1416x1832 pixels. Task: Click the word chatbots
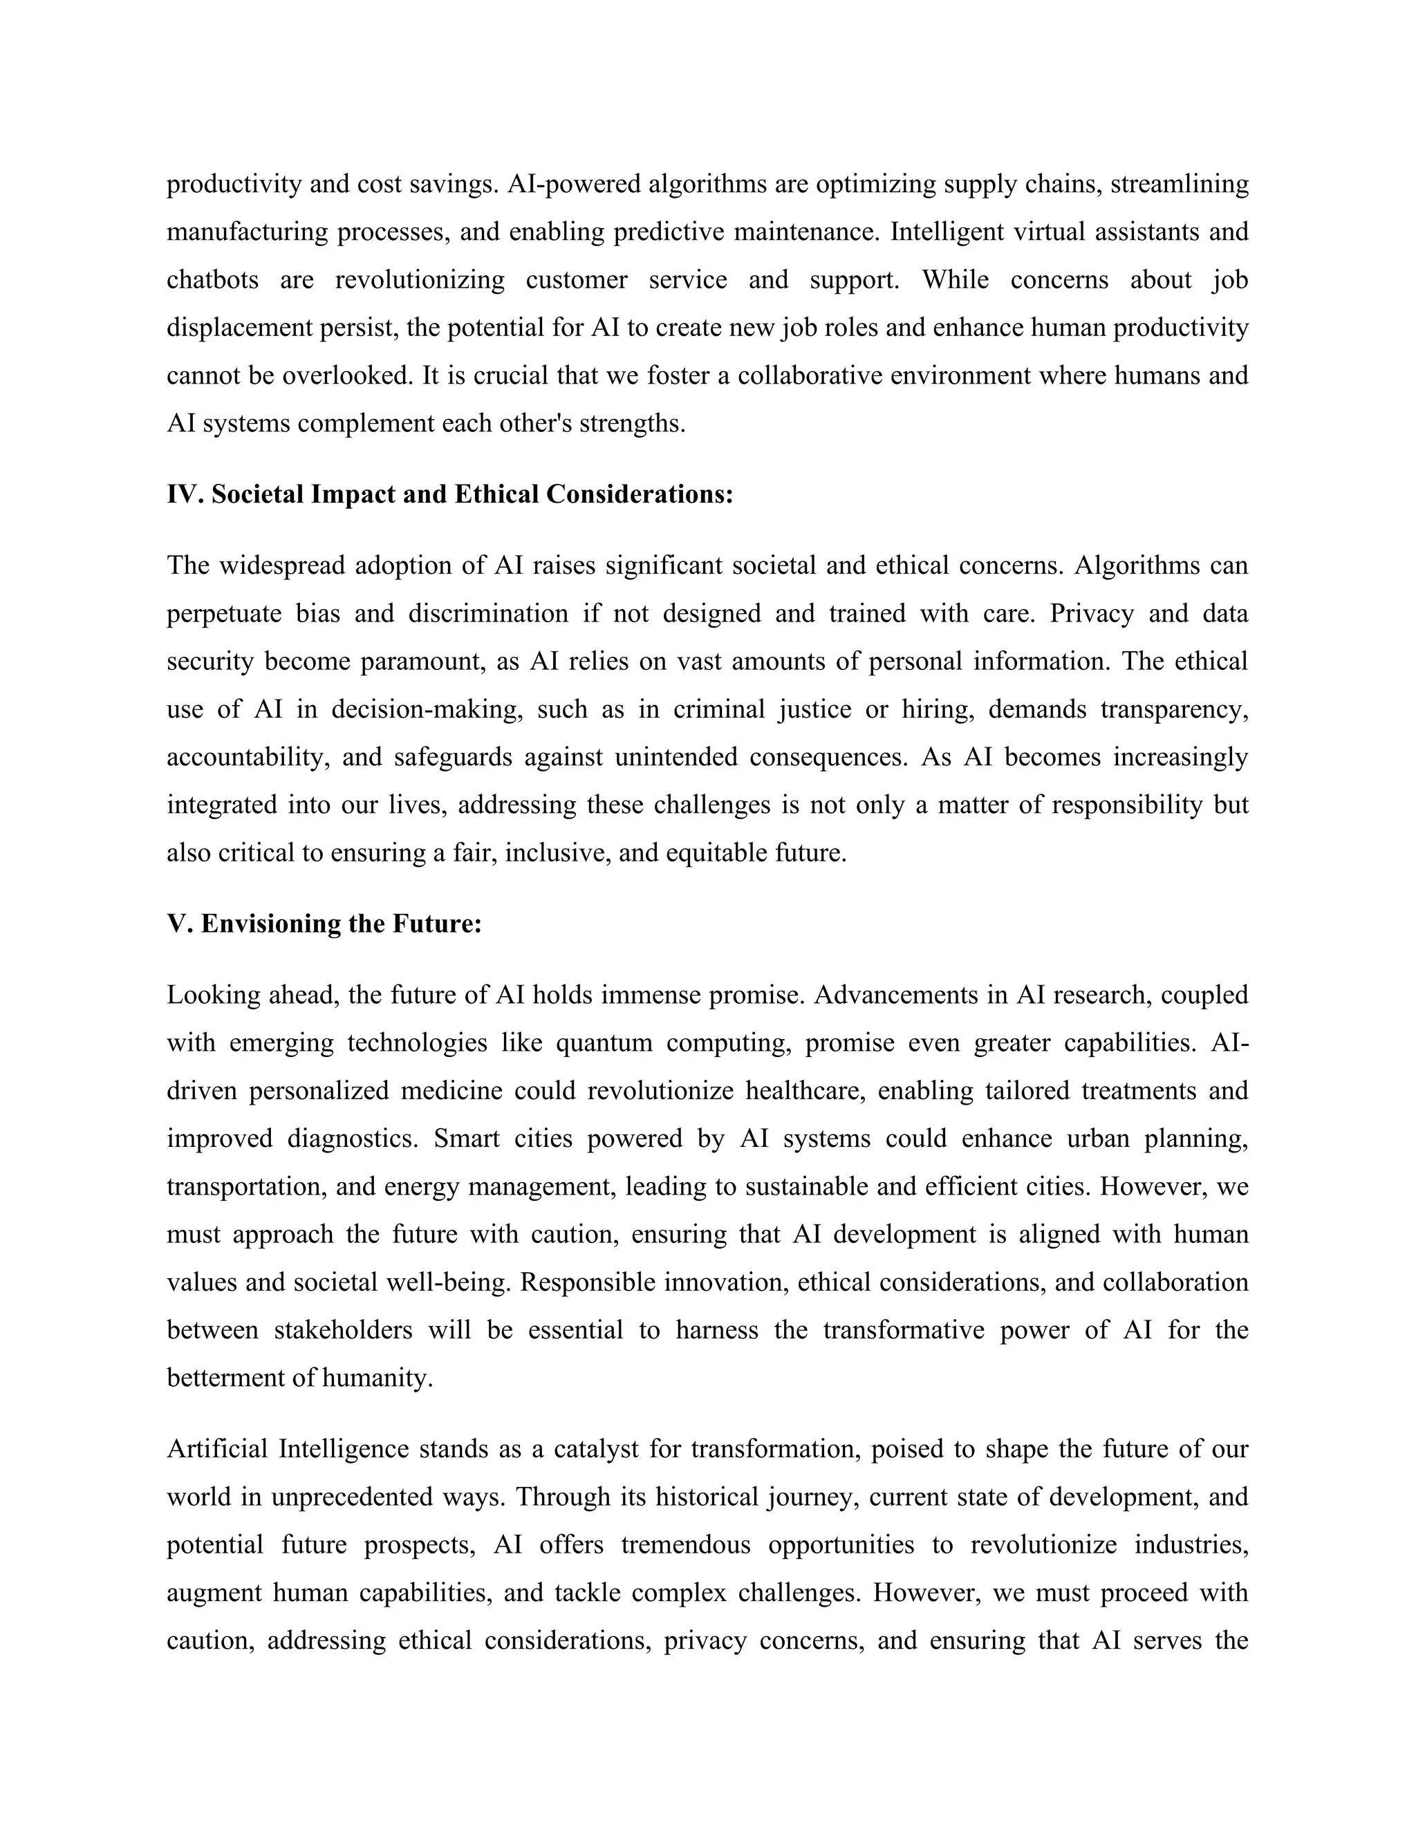pyautogui.click(x=212, y=279)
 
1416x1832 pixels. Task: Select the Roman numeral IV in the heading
pyautogui.click(x=182, y=494)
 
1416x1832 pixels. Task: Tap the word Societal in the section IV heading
pyautogui.click(x=257, y=494)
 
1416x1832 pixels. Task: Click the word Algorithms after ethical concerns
pyautogui.click(x=1137, y=566)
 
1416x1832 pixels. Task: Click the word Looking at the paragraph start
pyautogui.click(x=214, y=995)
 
